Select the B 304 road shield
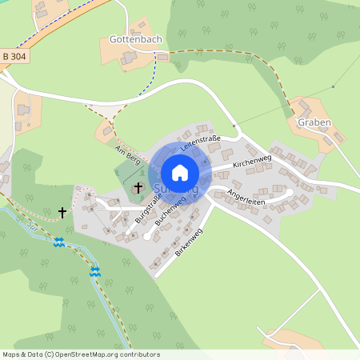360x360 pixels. [15, 56]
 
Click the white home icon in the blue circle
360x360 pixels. [180, 172]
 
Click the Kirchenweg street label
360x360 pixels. [252, 161]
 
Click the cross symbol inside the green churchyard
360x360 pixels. [138, 187]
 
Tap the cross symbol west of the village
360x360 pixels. [63, 213]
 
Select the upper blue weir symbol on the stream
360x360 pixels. [58, 242]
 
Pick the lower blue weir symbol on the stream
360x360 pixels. [95, 272]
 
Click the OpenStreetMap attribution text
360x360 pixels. [81, 354]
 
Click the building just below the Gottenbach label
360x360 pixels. [129, 58]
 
